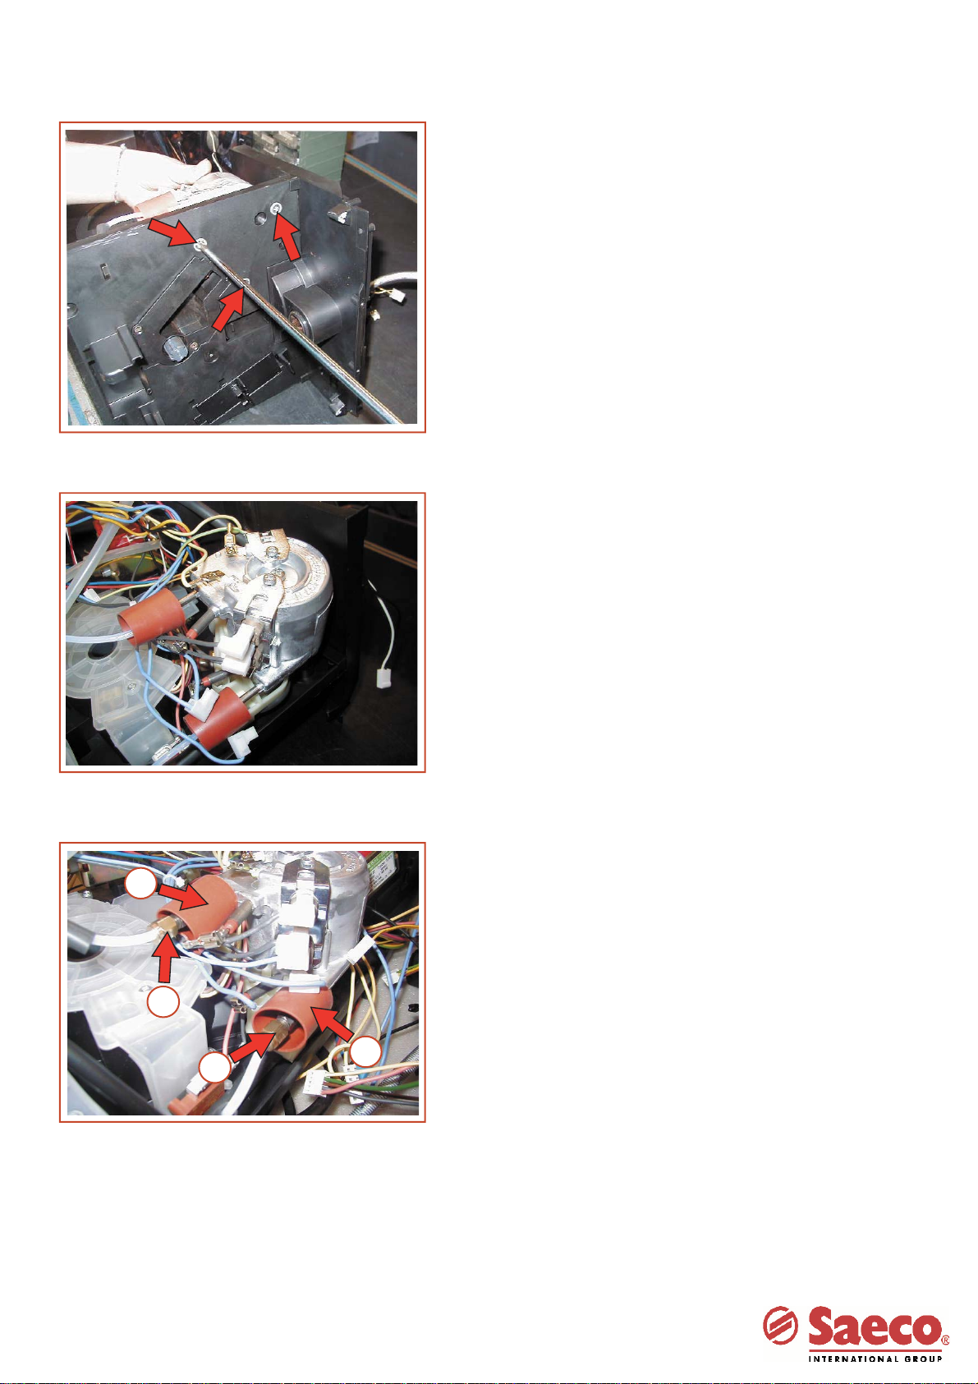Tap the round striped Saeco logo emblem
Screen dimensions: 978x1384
point(780,1325)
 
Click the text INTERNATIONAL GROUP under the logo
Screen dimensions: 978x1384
point(875,1358)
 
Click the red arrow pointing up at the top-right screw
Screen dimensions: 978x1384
point(287,238)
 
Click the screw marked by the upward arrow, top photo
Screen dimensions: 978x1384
point(278,207)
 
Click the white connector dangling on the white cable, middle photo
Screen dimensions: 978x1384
point(384,679)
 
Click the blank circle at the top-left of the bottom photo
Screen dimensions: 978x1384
point(140,884)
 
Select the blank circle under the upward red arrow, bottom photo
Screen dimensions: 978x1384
point(163,1001)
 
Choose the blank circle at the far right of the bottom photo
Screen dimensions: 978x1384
point(365,1051)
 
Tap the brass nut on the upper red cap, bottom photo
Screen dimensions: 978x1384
point(168,926)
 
